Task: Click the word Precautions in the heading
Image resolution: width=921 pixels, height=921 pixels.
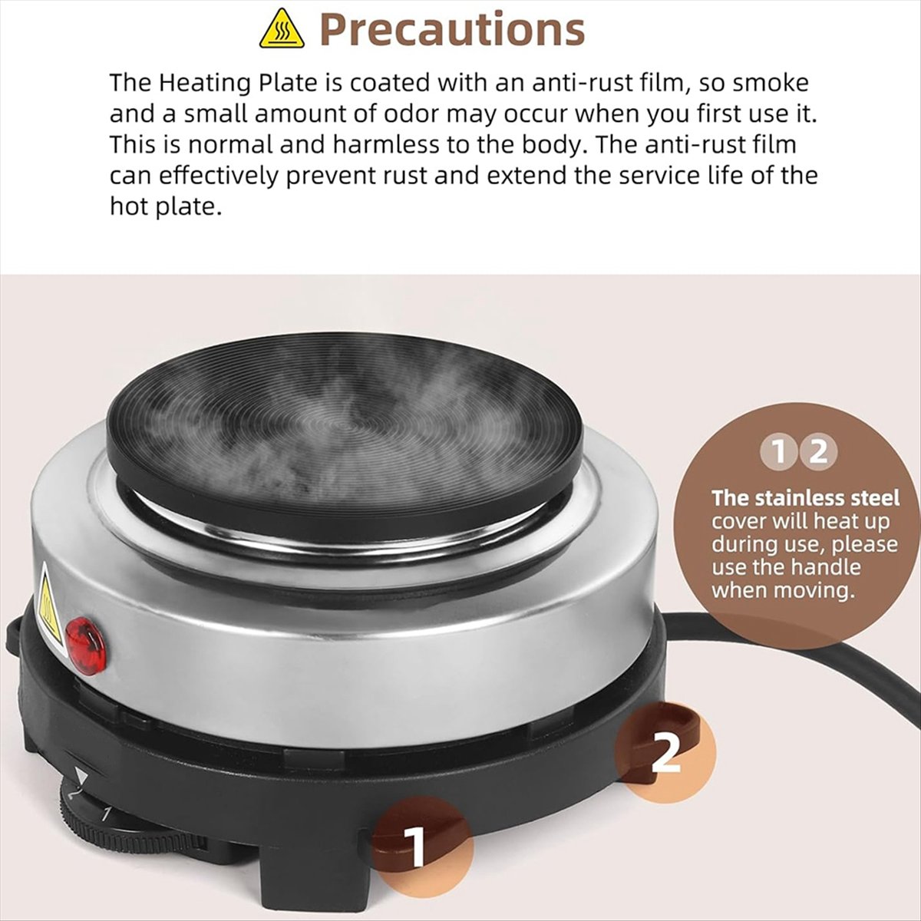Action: click(452, 29)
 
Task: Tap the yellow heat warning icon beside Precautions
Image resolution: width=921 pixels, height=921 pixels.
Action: click(282, 30)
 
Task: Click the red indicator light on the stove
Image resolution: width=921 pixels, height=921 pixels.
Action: click(85, 645)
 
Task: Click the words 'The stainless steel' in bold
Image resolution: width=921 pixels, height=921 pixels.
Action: click(806, 498)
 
